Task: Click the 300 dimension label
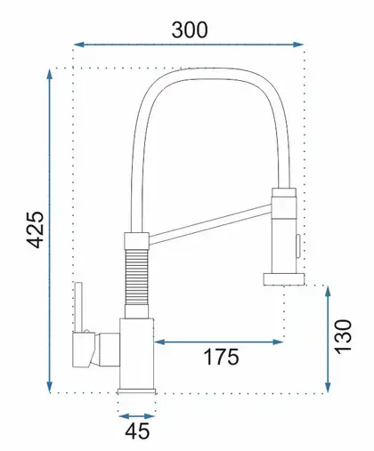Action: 190,30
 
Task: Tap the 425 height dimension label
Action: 36,230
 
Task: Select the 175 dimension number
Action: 221,357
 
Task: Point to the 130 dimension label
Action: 343,336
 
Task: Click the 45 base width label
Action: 137,431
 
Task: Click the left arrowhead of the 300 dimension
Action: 78,44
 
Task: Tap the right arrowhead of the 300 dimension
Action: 298,44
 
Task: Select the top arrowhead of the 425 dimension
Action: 50,74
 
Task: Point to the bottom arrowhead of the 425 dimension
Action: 50,387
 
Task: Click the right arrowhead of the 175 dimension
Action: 278,342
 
